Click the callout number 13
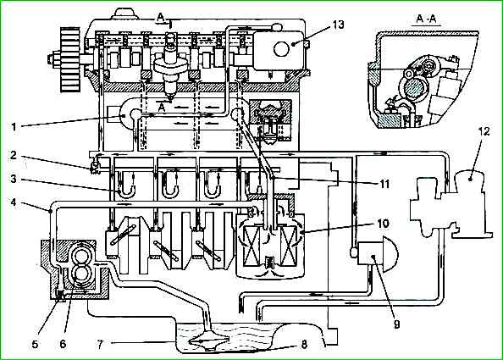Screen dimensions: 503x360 [x=338, y=25]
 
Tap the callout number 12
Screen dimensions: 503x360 [x=484, y=131]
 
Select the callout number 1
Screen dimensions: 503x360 [x=14, y=127]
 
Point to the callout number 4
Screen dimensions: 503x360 [x=14, y=202]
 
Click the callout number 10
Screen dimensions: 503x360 [x=383, y=224]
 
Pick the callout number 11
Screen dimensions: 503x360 [x=384, y=184]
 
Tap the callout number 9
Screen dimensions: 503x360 [x=397, y=324]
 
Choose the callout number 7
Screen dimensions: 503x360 [x=101, y=344]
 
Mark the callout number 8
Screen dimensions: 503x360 [x=304, y=344]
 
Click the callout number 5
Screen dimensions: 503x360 [x=35, y=344]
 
